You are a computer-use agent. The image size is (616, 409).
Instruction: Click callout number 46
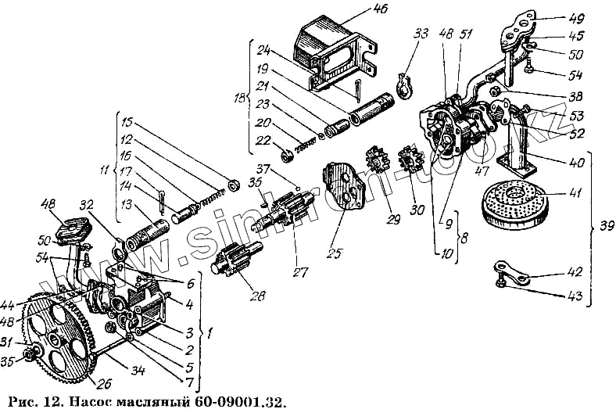(381, 9)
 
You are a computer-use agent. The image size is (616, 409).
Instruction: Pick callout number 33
(423, 34)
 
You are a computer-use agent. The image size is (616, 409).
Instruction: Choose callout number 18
(240, 100)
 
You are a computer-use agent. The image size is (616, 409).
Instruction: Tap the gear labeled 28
(232, 262)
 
